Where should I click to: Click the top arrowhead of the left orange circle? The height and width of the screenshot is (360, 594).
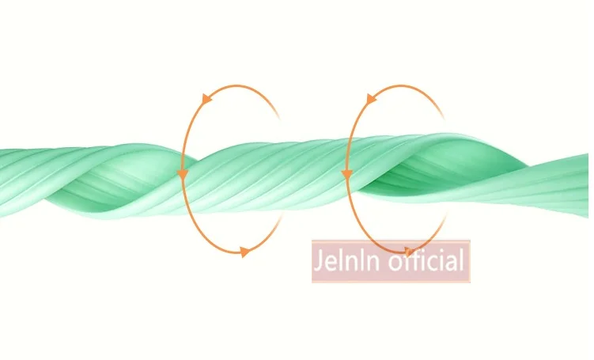[207, 99]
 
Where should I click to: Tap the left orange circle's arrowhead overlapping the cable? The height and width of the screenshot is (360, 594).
[183, 173]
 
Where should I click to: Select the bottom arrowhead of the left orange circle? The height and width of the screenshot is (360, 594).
[244, 252]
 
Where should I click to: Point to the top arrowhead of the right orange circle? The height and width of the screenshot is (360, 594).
[370, 99]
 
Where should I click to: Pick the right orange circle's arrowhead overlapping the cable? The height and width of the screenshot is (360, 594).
[346, 173]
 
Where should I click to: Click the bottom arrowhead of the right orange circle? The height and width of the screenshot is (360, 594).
[408, 252]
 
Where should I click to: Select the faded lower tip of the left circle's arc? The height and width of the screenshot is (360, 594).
[278, 222]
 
